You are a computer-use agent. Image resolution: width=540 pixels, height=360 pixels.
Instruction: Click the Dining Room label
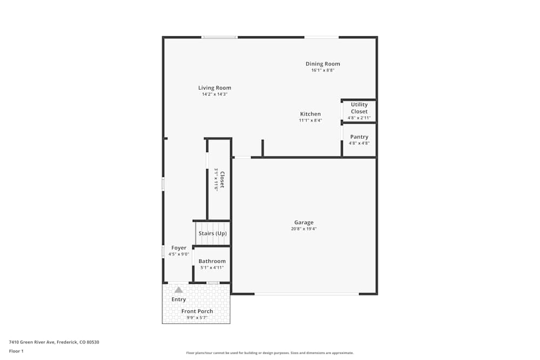pos(322,64)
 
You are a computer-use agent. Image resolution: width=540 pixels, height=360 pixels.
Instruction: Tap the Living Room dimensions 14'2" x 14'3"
pos(214,94)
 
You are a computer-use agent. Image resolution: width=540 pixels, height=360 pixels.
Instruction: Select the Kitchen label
pos(310,114)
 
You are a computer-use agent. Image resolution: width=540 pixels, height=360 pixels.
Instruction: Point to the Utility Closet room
pos(359,111)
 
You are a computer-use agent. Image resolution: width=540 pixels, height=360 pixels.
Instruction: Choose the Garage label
pos(303,222)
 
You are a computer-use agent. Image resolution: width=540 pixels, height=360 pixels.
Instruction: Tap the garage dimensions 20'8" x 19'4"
pos(303,229)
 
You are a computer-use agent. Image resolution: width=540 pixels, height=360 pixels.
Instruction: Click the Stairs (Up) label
pos(212,233)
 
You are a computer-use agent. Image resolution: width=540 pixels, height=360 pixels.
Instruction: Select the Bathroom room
pos(212,264)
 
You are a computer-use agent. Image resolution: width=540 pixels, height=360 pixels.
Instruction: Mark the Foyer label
pos(179,248)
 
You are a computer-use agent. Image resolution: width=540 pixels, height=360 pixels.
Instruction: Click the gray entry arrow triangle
pos(178,290)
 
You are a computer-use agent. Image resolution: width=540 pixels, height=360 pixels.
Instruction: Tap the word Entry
pos(179,300)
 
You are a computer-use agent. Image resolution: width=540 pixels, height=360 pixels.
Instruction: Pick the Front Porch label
pos(197,311)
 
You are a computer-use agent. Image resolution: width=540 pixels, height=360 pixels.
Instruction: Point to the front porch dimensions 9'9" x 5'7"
pos(197,317)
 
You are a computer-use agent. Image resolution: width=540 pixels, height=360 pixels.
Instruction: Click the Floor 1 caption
pos(16,351)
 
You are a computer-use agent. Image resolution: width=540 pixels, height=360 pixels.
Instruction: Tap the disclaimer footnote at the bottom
pos(270,353)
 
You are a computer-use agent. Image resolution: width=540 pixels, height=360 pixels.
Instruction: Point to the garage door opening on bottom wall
pos(306,294)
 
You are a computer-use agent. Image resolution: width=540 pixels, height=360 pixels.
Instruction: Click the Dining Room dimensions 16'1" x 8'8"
pos(322,70)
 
